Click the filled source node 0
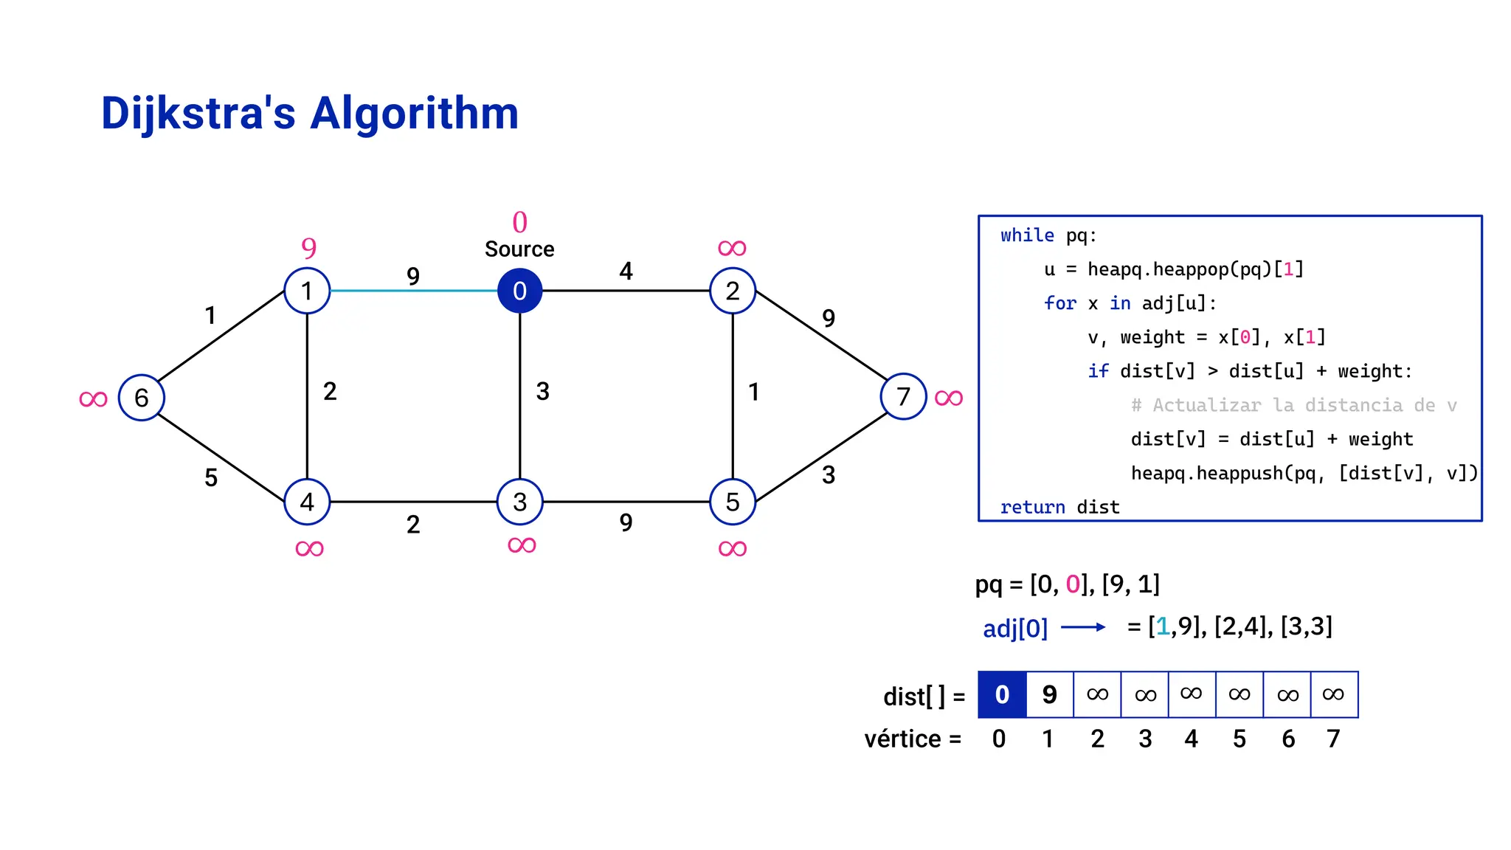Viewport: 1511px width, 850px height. tap(519, 291)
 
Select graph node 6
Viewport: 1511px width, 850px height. tap(141, 398)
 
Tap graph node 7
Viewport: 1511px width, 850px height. tap(903, 397)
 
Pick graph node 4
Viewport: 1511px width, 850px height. tap(307, 502)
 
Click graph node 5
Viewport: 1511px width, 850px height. tap(733, 502)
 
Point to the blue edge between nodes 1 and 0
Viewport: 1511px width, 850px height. tap(413, 291)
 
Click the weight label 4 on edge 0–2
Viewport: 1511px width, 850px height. tap(626, 272)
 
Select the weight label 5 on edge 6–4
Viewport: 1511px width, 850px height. tap(211, 478)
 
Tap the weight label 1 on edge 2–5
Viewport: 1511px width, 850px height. tap(753, 392)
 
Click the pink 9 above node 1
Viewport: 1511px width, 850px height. tap(309, 248)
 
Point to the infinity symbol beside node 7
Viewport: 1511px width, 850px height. tap(949, 398)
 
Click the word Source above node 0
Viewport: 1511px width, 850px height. tap(519, 249)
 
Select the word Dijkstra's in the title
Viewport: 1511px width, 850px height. tap(198, 114)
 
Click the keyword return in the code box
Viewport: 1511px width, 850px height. tap(1032, 507)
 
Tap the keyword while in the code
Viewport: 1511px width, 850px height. tap(1027, 235)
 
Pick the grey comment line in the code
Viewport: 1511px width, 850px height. tap(1293, 405)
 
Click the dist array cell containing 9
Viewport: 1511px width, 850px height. tap(1049, 694)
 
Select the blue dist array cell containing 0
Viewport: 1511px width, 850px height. tap(1002, 694)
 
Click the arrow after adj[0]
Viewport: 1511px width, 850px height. tap(1083, 627)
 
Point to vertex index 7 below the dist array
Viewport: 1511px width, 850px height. tap(1333, 739)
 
